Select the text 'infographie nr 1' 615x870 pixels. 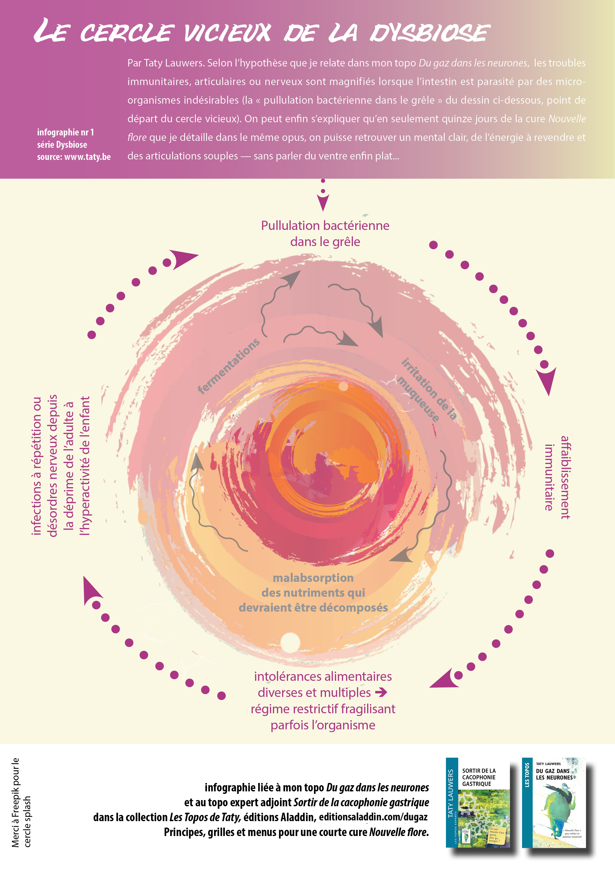[x=65, y=132]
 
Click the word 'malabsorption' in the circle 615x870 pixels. [x=313, y=578]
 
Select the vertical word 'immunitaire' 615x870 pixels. [x=549, y=477]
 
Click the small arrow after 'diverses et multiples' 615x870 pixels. [x=381, y=693]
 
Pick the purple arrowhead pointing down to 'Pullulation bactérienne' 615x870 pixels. [x=323, y=202]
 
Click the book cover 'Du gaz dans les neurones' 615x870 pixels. [x=554, y=803]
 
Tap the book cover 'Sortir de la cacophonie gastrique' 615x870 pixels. [x=478, y=803]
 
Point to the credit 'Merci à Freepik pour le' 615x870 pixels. [x=15, y=802]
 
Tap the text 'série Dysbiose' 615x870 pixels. [x=62, y=145]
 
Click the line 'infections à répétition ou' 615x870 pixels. [x=37, y=466]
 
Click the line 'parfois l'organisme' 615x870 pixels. [x=323, y=725]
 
